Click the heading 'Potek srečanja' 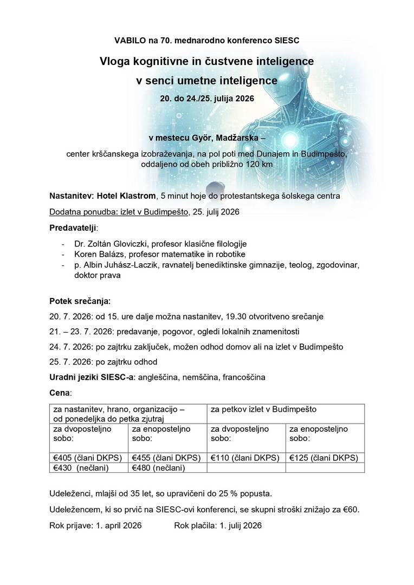pyautogui.click(x=80, y=301)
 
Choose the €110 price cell pyautogui.click(x=246, y=458)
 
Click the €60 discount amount pyautogui.click(x=351, y=510)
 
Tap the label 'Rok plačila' pyautogui.click(x=194, y=525)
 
